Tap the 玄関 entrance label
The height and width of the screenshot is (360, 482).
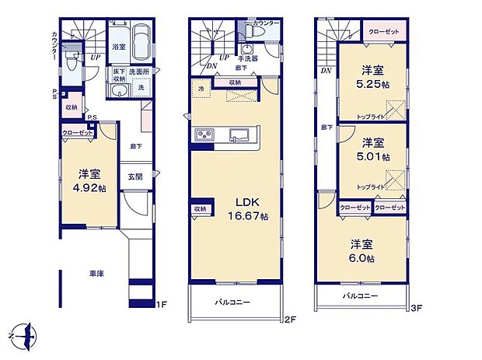pos(134,177)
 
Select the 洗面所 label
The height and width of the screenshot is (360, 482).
pos(139,72)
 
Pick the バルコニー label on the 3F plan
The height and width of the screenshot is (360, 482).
pos(358,296)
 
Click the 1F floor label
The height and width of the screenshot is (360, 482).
pos(162,304)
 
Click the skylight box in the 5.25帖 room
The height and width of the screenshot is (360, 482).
pos(397,107)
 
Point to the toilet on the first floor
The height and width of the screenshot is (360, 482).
pos(72,62)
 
